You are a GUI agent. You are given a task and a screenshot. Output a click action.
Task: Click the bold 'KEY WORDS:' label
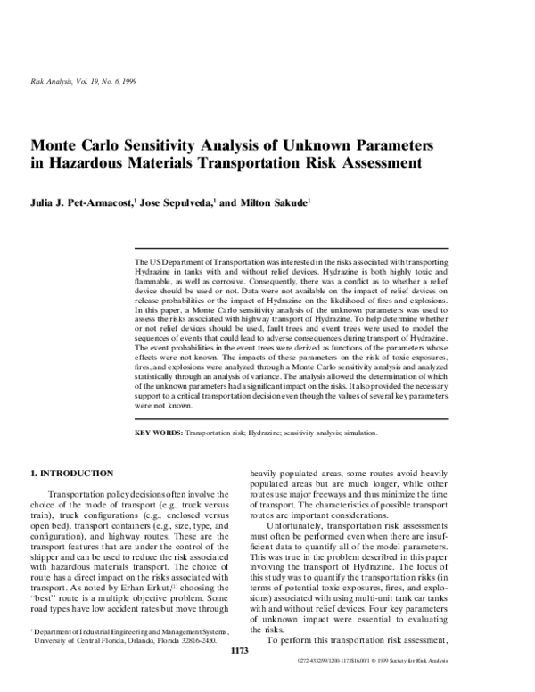pyautogui.click(x=157, y=432)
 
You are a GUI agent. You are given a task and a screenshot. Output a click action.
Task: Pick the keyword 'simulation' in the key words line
pyautogui.click(x=360, y=432)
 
